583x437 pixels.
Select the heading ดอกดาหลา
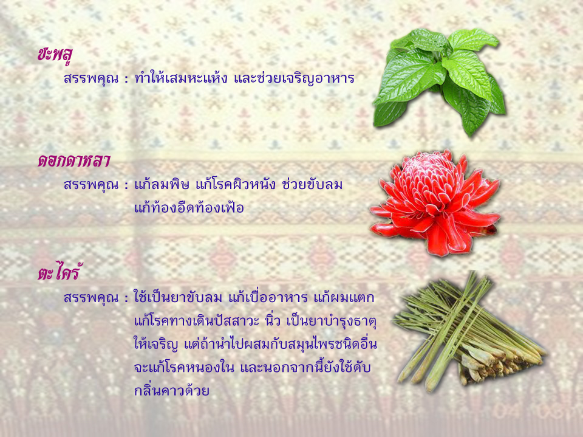[73, 161]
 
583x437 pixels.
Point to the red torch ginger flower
[434, 202]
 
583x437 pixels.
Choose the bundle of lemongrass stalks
[469, 332]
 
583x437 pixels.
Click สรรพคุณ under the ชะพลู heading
[91, 78]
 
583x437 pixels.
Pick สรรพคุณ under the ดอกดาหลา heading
[91, 185]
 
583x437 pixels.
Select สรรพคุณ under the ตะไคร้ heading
[91, 298]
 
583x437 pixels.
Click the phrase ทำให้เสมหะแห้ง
[181, 78]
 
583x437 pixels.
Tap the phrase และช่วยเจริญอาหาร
[294, 78]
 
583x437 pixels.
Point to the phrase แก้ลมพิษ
[162, 184]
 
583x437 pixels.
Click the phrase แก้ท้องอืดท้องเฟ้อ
[189, 207]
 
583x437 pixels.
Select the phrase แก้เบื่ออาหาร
[268, 297]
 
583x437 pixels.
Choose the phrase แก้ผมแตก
[344, 297]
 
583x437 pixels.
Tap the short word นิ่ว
[273, 320]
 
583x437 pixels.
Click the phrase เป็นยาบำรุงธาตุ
[332, 321]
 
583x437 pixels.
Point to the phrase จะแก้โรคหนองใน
[184, 367]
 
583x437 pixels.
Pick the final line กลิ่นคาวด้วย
[172, 390]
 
